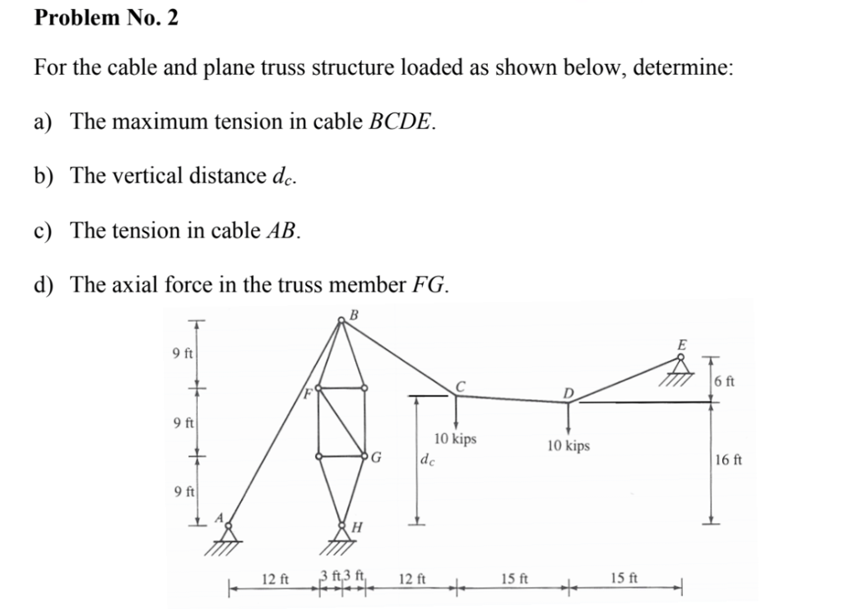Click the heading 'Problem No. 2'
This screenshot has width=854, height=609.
point(106,17)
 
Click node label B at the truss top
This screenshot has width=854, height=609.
point(353,314)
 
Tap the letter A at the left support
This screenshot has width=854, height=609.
point(219,517)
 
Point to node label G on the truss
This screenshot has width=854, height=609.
point(377,457)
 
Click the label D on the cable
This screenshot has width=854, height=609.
point(569,392)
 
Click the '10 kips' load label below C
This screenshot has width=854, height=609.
point(455,438)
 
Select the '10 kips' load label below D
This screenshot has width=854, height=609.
point(569,446)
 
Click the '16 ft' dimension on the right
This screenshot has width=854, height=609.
point(730,459)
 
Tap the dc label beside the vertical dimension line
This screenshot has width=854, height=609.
point(426,459)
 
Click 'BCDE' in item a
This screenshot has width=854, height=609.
point(400,122)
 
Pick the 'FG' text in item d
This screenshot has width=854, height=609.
point(430,285)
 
